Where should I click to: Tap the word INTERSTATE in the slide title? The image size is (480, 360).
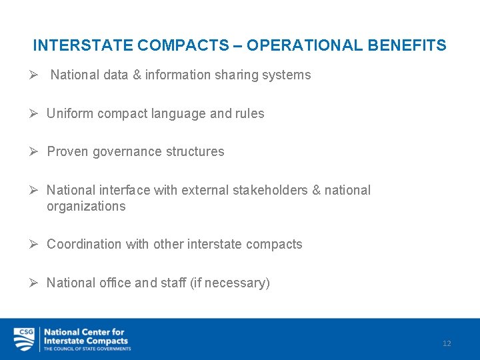tap(83, 45)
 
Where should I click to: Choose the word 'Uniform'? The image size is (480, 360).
tap(70, 113)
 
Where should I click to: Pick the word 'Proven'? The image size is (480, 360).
tap(67, 151)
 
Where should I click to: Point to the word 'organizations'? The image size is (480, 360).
tap(86, 206)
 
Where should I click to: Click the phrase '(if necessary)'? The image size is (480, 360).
tap(230, 283)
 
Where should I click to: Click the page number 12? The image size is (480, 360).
tap(447, 343)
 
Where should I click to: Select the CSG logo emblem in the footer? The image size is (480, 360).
tap(24, 339)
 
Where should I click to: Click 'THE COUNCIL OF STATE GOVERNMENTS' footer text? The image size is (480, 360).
tap(87, 349)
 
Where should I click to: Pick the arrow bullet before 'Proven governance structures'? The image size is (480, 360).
tap(35, 151)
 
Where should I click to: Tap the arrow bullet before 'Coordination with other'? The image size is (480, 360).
tap(35, 244)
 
